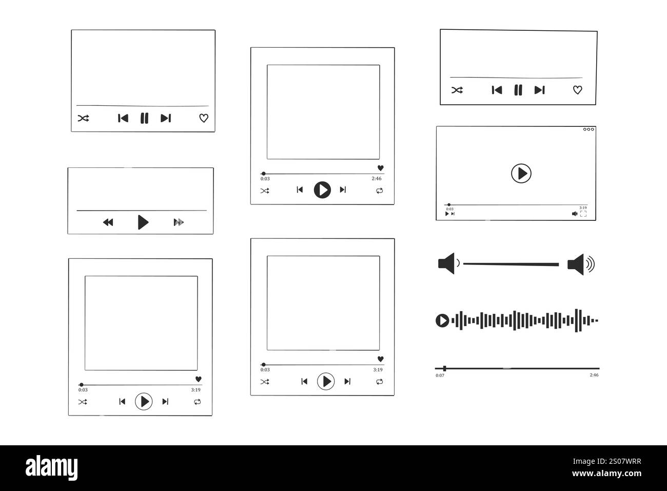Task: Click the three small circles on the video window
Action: pyautogui.click(x=588, y=129)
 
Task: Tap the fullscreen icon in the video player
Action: pyautogui.click(x=583, y=214)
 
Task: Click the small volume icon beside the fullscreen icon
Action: pyautogui.click(x=575, y=214)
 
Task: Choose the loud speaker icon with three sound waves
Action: pyautogui.click(x=581, y=265)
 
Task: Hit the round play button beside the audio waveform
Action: pyautogui.click(x=442, y=321)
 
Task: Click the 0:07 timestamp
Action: pyautogui.click(x=440, y=375)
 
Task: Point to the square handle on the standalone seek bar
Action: pyautogui.click(x=444, y=368)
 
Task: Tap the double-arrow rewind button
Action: pyautogui.click(x=108, y=222)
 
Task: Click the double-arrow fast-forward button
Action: pyautogui.click(x=179, y=222)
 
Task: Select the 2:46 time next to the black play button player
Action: pyautogui.click(x=377, y=179)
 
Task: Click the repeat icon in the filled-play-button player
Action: pyautogui.click(x=379, y=191)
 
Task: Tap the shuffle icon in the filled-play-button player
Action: pyautogui.click(x=265, y=191)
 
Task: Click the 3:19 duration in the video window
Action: pyautogui.click(x=583, y=208)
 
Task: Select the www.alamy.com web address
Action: pyautogui.click(x=607, y=474)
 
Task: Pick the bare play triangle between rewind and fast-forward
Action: pyautogui.click(x=143, y=222)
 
